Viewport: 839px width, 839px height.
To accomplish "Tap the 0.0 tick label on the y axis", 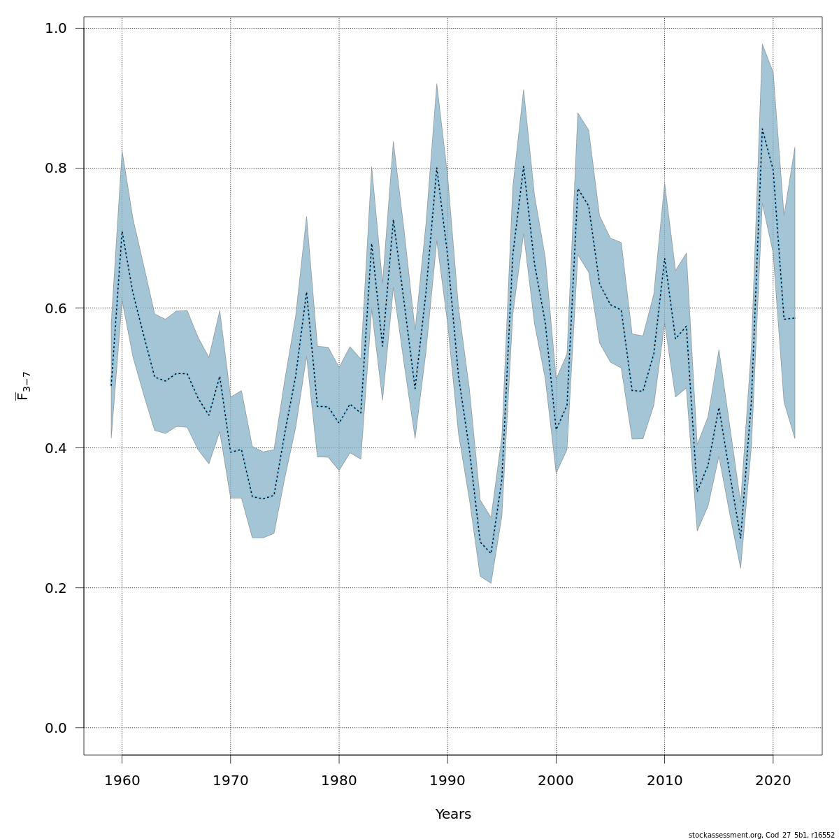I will point(56,728).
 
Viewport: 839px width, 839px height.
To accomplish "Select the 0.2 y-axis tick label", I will point(56,588).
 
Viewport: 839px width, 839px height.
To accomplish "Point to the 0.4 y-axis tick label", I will point(56,448).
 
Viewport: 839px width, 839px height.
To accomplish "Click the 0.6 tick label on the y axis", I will point(56,308).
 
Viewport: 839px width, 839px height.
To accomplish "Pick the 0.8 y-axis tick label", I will point(56,168).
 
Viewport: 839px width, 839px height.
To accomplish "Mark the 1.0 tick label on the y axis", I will point(56,29).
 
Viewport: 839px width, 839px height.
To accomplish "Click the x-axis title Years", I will point(453,815).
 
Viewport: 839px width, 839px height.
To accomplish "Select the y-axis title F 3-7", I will point(23,386).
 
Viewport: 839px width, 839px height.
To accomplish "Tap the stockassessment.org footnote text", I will point(761,835).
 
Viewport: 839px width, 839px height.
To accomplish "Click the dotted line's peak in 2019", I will point(762,129).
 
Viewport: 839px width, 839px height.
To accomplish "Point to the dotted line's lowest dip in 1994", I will point(491,553).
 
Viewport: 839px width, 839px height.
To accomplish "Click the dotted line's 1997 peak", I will point(523,166).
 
